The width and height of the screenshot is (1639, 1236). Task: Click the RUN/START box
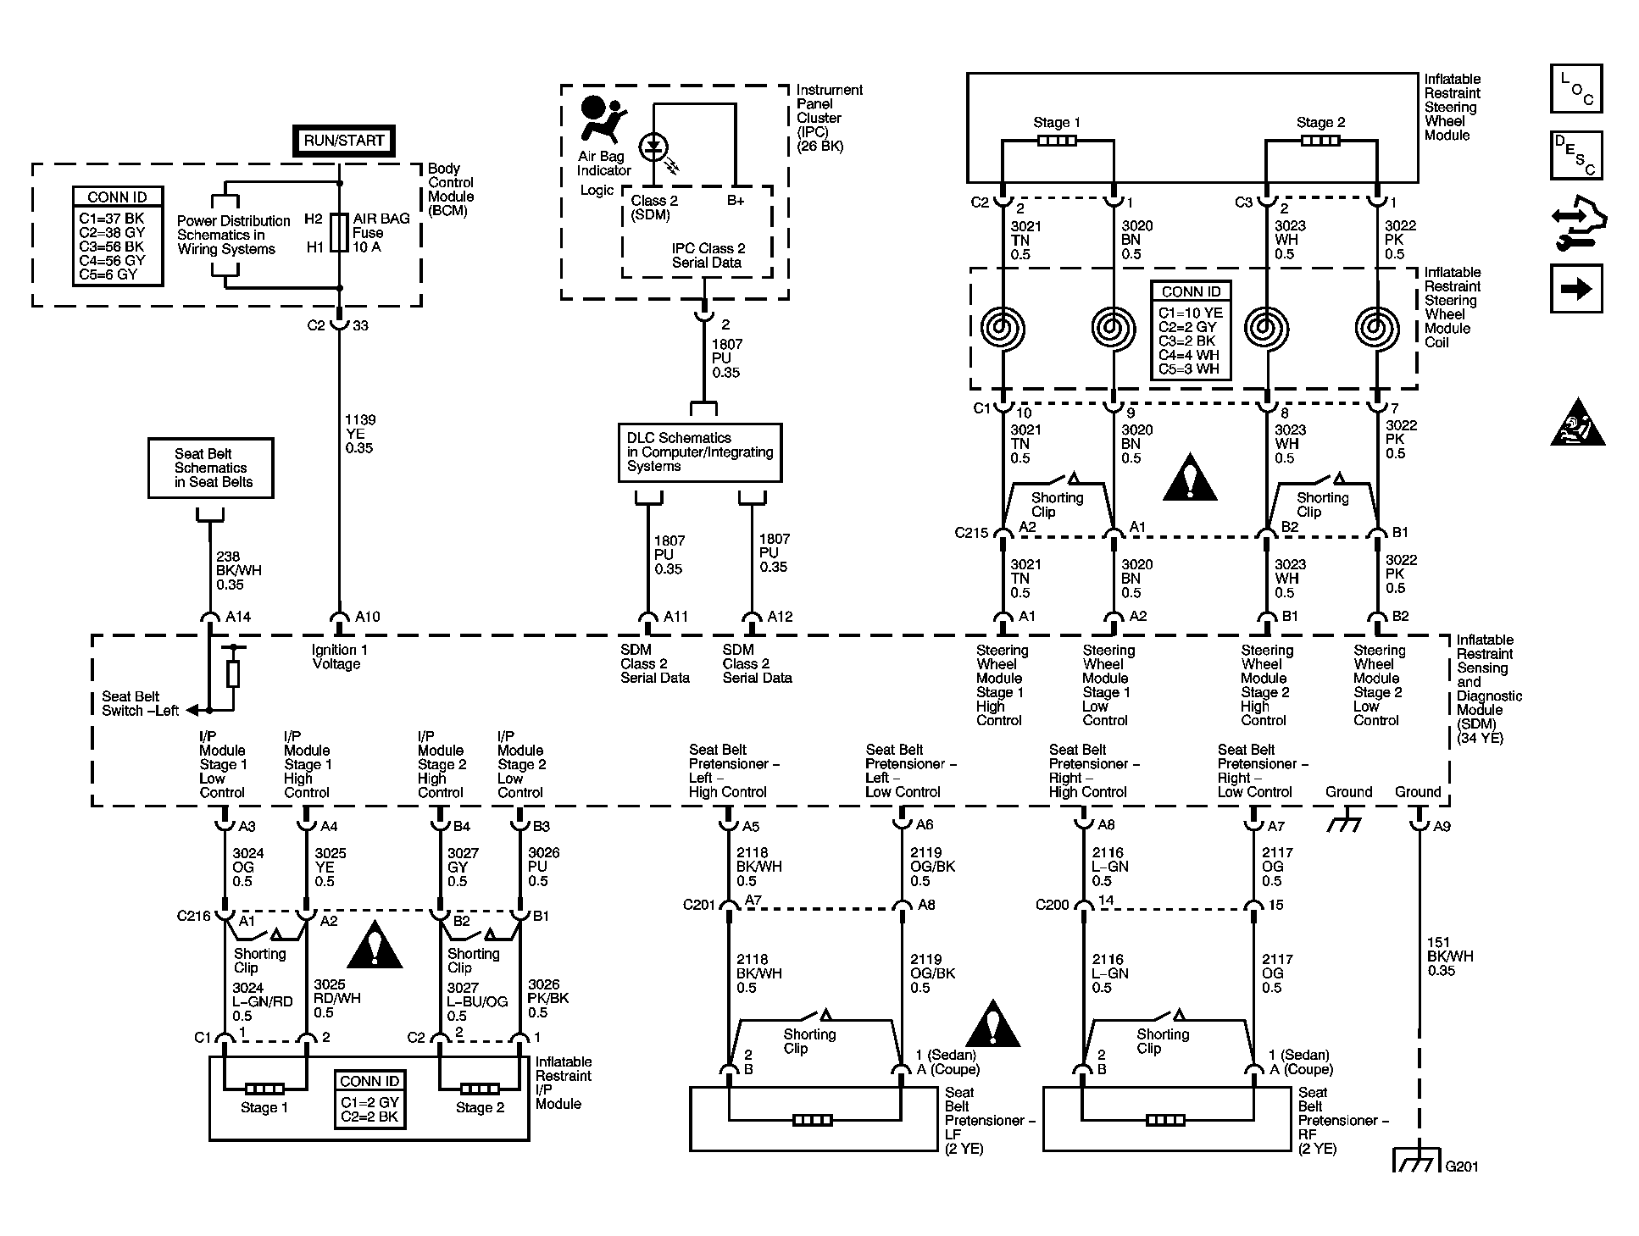coord(343,141)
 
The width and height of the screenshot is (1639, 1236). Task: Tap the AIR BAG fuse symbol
coord(339,232)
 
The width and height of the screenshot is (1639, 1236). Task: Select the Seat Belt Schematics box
coord(211,468)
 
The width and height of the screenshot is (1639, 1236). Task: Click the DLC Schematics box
coord(700,452)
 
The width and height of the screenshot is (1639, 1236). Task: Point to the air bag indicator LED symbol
coord(653,148)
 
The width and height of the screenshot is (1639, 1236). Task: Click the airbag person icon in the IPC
coord(600,119)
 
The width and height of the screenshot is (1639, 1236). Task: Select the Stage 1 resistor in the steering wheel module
coord(1057,140)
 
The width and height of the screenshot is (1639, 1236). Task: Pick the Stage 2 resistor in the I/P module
coord(480,1089)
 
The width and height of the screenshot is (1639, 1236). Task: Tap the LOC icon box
coord(1576,88)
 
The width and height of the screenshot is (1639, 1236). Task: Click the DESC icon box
coord(1576,155)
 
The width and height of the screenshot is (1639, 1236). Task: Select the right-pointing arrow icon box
coord(1576,289)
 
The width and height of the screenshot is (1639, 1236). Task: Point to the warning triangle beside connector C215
coord(1191,478)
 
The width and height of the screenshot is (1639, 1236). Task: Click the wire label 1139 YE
coord(360,434)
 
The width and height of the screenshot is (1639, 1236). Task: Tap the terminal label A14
coord(238,617)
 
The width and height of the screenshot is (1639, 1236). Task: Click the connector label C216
coord(193,916)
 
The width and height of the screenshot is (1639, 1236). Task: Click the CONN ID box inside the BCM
coord(117,236)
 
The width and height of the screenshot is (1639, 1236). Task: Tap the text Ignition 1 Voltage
coord(340,657)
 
